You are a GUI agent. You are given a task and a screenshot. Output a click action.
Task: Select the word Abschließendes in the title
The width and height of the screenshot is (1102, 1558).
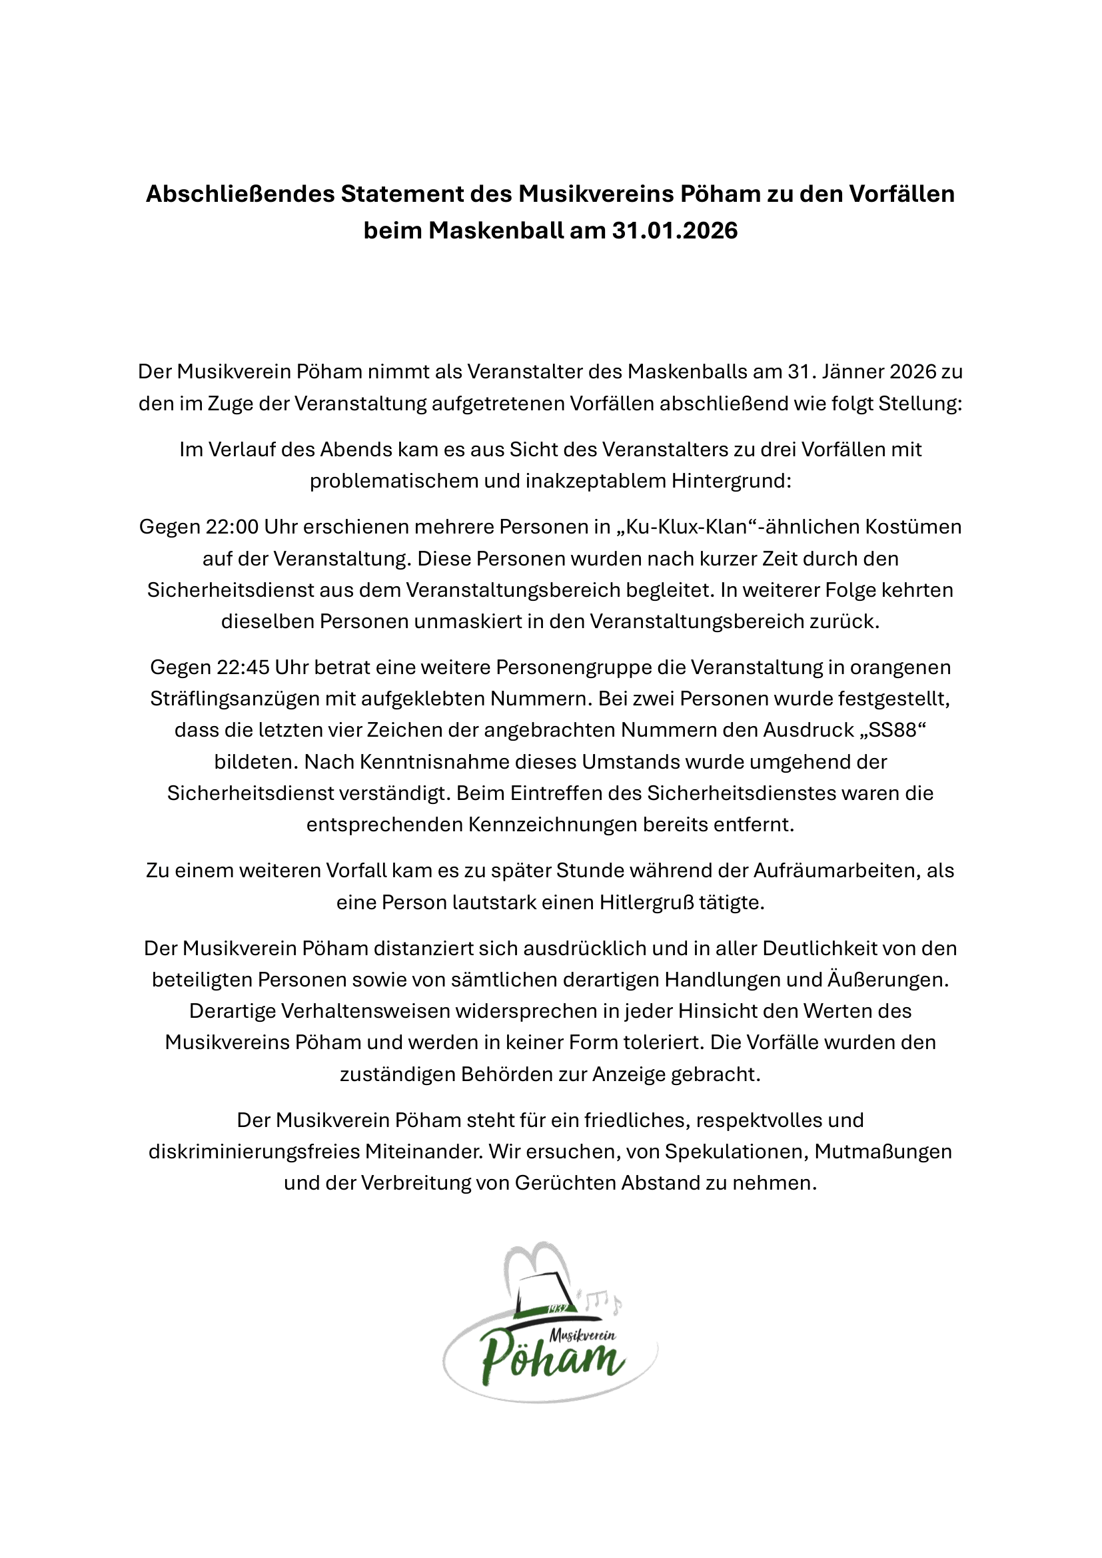[x=241, y=194]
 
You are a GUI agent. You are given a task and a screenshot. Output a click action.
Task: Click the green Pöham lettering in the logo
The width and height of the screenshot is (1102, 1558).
[x=551, y=1362]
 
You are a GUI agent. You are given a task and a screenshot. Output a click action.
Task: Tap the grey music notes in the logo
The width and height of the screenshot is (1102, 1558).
[x=600, y=1300]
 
